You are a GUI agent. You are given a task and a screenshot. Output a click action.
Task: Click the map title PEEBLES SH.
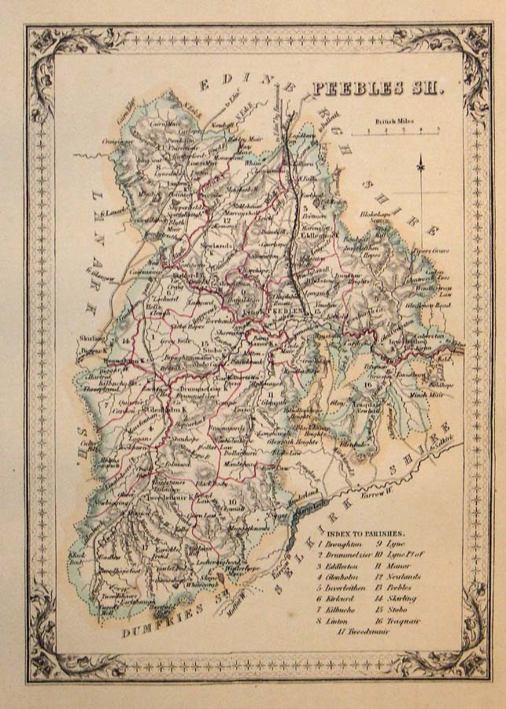coord(378,87)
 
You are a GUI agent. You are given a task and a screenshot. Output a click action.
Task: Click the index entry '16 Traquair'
coord(401,621)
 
